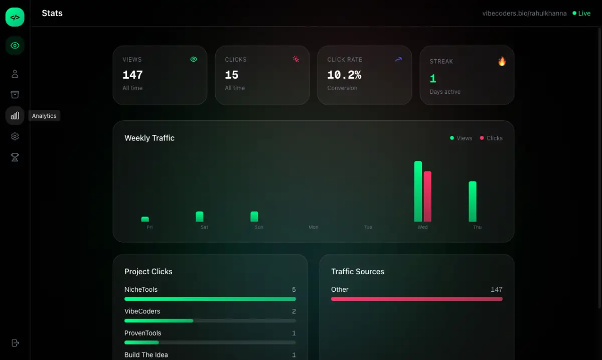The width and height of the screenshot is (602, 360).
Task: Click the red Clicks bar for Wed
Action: click(x=427, y=197)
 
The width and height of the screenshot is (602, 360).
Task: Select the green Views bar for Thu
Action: click(x=473, y=202)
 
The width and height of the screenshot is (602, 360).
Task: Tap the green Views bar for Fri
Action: click(x=145, y=219)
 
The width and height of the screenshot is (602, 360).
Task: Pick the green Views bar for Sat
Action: click(x=200, y=217)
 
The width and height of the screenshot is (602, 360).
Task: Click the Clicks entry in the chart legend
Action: click(x=491, y=138)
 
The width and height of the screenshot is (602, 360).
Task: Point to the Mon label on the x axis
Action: click(x=314, y=227)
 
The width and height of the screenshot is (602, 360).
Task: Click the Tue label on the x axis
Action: click(x=368, y=227)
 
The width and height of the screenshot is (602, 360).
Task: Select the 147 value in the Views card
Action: click(x=132, y=75)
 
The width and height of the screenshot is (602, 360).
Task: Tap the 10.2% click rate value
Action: click(x=344, y=75)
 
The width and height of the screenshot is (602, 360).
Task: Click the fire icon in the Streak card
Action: click(x=502, y=61)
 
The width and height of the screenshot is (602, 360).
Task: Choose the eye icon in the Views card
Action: click(x=194, y=59)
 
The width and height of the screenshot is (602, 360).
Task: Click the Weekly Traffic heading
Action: click(x=149, y=138)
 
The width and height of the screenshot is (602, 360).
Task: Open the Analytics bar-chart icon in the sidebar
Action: click(x=15, y=116)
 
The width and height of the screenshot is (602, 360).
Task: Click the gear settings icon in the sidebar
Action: click(x=15, y=136)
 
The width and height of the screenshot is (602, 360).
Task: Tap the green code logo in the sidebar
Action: click(x=15, y=17)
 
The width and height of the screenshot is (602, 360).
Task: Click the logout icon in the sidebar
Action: click(x=15, y=343)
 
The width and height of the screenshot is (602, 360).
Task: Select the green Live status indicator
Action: click(x=581, y=14)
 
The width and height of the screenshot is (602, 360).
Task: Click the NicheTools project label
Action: click(x=141, y=289)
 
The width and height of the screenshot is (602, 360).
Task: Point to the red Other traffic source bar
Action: click(x=416, y=299)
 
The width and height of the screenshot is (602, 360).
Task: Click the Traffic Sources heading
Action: click(x=358, y=271)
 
